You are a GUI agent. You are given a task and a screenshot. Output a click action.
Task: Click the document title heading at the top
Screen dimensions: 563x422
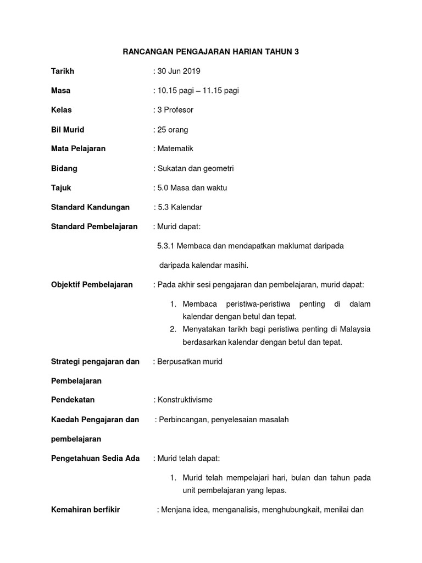(x=210, y=52)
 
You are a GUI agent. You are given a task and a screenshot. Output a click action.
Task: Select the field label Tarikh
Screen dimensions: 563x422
(x=62, y=71)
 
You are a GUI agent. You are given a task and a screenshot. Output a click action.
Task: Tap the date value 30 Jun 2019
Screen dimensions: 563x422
(x=179, y=71)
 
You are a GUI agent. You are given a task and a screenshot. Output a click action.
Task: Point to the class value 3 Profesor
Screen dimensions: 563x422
(x=175, y=110)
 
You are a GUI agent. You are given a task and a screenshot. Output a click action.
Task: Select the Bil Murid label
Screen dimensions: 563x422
(x=68, y=130)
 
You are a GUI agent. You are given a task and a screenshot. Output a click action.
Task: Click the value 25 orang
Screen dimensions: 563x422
(x=173, y=130)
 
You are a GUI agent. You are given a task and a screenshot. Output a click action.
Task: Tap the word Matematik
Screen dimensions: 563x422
(x=175, y=148)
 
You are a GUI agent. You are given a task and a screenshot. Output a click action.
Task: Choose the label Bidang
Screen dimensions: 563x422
(x=64, y=168)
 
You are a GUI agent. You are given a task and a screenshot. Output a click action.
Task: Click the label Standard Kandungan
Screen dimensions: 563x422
(x=90, y=207)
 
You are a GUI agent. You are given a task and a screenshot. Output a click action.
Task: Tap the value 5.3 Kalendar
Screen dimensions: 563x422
(x=180, y=207)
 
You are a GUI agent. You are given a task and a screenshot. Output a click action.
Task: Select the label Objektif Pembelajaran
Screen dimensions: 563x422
(x=92, y=284)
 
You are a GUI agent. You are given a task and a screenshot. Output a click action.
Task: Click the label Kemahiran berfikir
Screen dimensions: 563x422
(x=85, y=509)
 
